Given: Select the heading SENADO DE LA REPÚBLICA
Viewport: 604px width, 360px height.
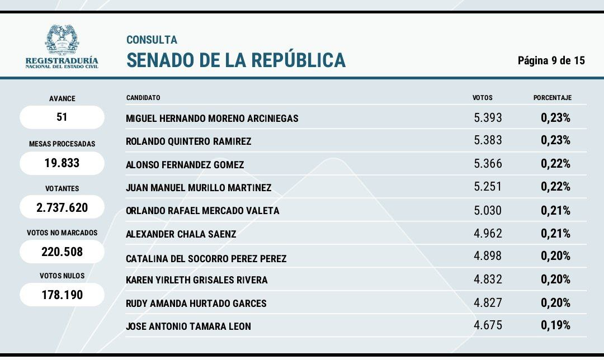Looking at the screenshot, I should [236, 60].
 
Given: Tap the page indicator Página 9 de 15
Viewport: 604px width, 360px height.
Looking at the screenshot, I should [551, 60].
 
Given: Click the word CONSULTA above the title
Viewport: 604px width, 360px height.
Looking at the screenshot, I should [152, 40].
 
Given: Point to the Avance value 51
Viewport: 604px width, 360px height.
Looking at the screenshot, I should [62, 117].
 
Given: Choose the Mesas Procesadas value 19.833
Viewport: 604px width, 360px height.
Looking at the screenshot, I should [62, 163].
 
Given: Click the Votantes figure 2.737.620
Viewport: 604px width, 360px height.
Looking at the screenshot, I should [62, 208].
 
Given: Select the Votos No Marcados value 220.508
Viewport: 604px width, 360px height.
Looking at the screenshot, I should [62, 252].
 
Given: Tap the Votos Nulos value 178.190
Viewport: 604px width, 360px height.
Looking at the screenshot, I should [62, 295].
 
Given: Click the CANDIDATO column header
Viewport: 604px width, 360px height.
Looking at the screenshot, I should [143, 98].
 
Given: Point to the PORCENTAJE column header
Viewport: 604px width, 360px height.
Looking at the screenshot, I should [552, 98].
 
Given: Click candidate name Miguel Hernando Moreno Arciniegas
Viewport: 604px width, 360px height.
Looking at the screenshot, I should [212, 119].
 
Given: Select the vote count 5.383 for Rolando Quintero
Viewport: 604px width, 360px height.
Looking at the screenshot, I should [488, 140].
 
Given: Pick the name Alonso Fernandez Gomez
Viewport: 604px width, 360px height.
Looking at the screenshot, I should [185, 165].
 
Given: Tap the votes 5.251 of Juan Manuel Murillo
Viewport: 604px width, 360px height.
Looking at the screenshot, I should [488, 186].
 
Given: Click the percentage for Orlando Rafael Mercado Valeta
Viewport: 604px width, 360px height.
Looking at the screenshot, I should [555, 211].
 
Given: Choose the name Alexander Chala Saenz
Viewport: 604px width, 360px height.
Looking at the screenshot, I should [181, 234].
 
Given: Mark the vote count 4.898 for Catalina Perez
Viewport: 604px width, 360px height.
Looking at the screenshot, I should [488, 255].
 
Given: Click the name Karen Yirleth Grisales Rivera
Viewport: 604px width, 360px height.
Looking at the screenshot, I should [197, 280].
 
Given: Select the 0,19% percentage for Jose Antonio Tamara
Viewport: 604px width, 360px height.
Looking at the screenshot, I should [555, 325].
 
